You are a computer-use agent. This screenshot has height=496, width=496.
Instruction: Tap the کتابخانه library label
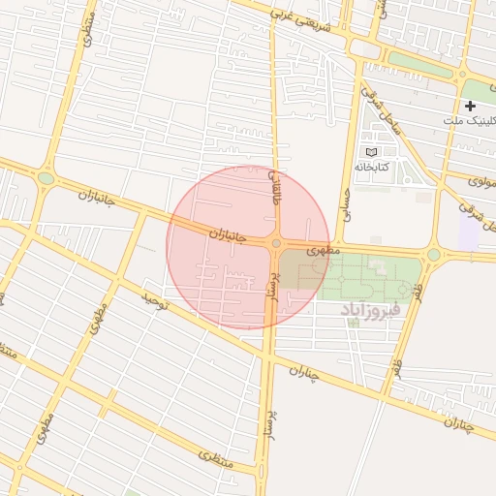click(397, 167)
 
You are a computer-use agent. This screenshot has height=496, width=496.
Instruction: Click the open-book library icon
click(370, 152)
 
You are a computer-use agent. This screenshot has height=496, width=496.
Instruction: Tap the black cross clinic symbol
click(471, 105)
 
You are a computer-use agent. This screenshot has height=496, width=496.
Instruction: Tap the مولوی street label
click(482, 180)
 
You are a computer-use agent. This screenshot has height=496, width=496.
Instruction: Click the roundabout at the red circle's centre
click(276, 244)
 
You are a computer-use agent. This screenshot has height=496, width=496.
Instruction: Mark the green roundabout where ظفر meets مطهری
click(433, 255)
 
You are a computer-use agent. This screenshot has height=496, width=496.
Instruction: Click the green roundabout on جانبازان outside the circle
click(46, 178)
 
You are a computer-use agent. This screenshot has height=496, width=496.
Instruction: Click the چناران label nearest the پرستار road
click(303, 372)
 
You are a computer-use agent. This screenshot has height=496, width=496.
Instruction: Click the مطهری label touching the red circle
click(320, 249)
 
